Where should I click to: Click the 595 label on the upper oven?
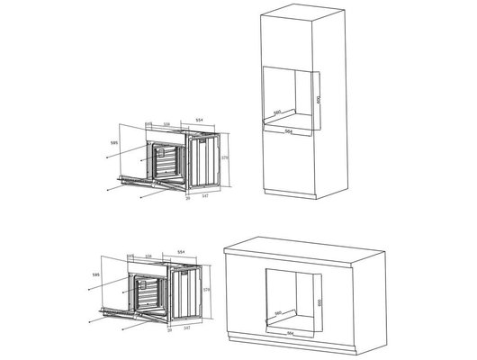[114, 141]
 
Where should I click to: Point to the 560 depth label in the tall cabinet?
[279, 112]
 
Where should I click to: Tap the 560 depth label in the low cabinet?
[280, 312]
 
